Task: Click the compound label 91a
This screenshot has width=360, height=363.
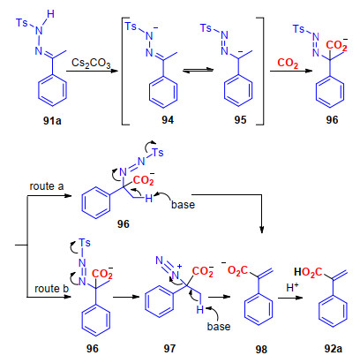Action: pyautogui.click(x=52, y=121)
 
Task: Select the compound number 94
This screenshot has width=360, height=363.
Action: pyautogui.click(x=168, y=120)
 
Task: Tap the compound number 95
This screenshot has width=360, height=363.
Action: pyautogui.click(x=240, y=120)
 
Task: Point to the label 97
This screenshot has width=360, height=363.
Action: pyautogui.click(x=169, y=349)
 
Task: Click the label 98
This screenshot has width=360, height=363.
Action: pyautogui.click(x=261, y=349)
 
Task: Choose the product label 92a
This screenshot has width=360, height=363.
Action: pyautogui.click(x=334, y=349)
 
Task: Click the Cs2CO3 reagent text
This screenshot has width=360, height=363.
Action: pyautogui.click(x=91, y=63)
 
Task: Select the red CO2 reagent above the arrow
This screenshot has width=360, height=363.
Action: pyautogui.click(x=288, y=63)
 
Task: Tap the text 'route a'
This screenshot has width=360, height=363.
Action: pyautogui.click(x=47, y=186)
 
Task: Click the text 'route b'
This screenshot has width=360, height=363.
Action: pyautogui.click(x=51, y=289)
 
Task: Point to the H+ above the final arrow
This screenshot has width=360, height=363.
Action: pyautogui.click(x=292, y=287)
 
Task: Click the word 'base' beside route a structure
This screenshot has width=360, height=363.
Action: pyautogui.click(x=183, y=204)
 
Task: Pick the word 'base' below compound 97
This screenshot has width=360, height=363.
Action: pyautogui.click(x=219, y=326)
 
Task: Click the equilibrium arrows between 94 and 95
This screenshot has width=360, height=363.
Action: pyautogui.click(x=198, y=70)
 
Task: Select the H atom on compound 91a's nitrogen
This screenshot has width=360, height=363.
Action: pyautogui.click(x=50, y=14)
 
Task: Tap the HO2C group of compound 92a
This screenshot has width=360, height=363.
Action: pyautogui.click(x=308, y=272)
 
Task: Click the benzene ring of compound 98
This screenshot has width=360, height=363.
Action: pyautogui.click(x=259, y=309)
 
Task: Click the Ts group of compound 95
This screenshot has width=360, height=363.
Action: pyautogui.click(x=206, y=28)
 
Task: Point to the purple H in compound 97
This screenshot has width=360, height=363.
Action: pyautogui.click(x=200, y=309)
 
